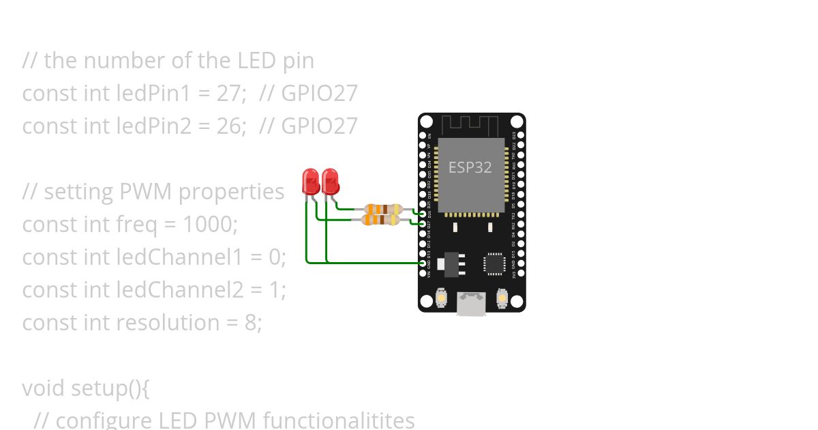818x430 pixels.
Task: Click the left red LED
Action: coord(310,182)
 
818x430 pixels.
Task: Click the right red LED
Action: coord(331,182)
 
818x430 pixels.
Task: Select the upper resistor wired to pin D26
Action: coord(381,210)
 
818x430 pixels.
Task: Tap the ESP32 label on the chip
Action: coord(470,167)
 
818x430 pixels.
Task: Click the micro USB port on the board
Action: coord(471,304)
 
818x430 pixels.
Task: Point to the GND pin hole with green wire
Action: coord(423,263)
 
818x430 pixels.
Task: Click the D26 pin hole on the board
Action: coord(423,214)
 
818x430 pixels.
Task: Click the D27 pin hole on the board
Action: coord(423,223)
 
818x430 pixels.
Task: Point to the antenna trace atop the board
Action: coord(471,125)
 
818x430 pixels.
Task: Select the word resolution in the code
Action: coord(177,323)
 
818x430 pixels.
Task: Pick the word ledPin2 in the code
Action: coord(151,126)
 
